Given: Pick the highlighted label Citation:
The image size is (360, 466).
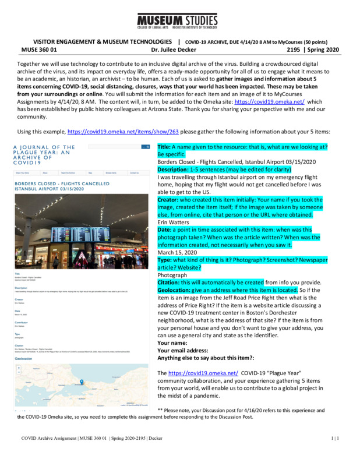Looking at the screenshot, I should (x=172, y=283).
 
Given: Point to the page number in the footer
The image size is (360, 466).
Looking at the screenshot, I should (x=336, y=453).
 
